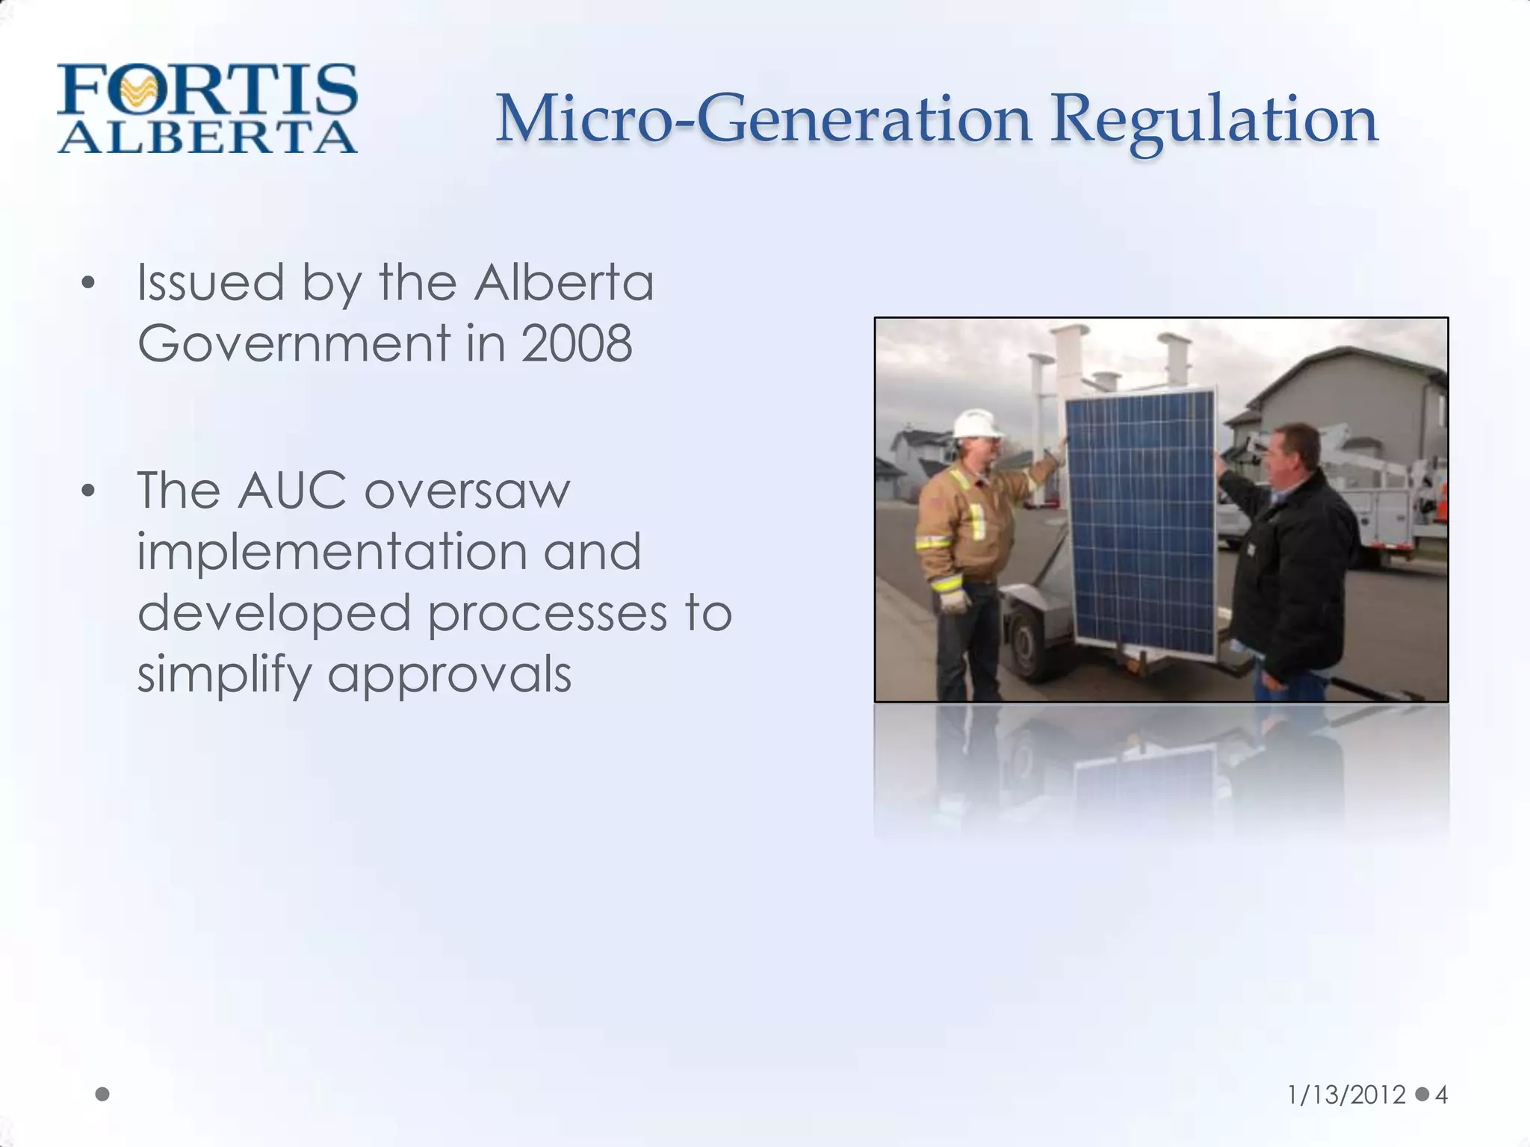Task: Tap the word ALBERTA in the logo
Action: [x=207, y=137]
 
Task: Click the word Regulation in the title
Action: [x=1214, y=121]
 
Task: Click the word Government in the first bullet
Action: [x=294, y=344]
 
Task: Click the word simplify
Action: [x=223, y=675]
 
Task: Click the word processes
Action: [x=547, y=613]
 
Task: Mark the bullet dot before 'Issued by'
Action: [x=89, y=284]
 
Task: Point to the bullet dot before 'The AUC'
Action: [x=89, y=491]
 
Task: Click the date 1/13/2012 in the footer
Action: [x=1346, y=1095]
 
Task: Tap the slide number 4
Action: [x=1441, y=1095]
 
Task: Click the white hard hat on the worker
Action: [x=976, y=424]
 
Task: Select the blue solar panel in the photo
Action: [x=1140, y=523]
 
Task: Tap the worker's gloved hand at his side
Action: [x=954, y=598]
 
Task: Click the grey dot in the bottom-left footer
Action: [x=103, y=1094]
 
